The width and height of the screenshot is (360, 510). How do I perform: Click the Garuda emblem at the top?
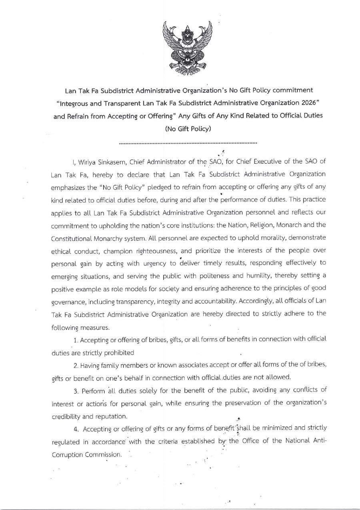[x=188, y=48]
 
